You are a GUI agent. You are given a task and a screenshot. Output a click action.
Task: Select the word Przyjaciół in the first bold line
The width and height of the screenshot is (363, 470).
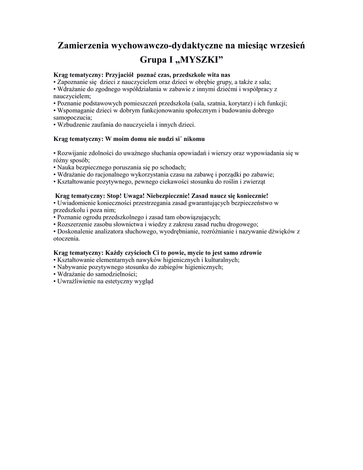pos(119,74)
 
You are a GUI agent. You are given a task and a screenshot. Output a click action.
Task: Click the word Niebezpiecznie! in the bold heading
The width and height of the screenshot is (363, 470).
pos(168,196)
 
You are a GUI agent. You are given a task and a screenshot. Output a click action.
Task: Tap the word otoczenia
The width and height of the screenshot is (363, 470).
pos(67,239)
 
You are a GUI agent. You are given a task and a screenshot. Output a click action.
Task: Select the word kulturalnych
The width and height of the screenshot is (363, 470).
pos(222,260)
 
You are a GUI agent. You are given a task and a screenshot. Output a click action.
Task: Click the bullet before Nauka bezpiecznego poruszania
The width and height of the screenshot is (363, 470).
pos(55,168)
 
